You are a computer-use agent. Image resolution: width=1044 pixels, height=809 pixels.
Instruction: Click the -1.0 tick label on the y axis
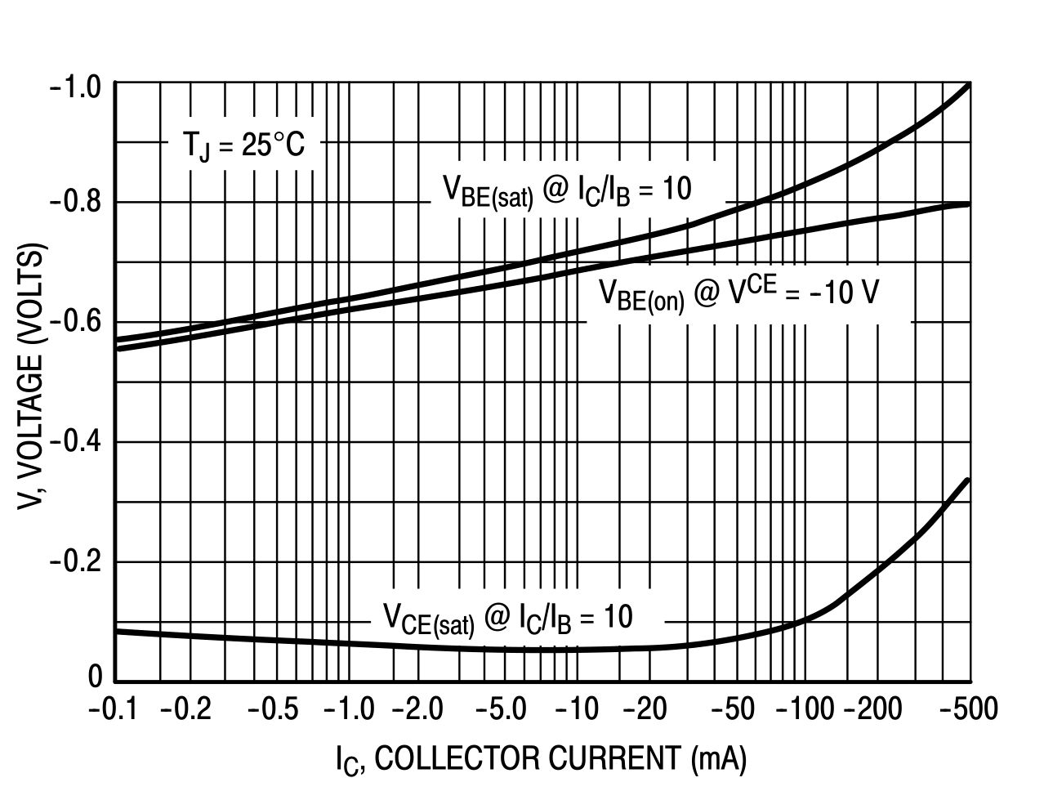[x=76, y=86]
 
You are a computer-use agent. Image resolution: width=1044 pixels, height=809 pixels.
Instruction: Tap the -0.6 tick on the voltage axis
[x=76, y=321]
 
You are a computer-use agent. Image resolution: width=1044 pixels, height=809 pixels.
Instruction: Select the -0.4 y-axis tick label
[x=76, y=441]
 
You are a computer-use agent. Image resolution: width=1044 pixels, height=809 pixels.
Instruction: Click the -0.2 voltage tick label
[x=76, y=561]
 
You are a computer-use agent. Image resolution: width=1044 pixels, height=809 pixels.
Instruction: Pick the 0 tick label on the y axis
[x=95, y=677]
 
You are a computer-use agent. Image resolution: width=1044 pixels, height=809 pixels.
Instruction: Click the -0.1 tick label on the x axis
[x=114, y=709]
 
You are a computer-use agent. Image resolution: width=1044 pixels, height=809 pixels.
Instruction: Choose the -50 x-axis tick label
[x=732, y=709]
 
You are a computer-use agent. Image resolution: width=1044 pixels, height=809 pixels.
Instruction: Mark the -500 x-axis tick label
[x=969, y=709]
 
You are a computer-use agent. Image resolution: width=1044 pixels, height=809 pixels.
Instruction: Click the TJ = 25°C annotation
[x=243, y=147]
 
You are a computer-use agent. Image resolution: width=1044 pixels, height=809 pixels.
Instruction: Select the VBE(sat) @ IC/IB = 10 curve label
[x=567, y=191]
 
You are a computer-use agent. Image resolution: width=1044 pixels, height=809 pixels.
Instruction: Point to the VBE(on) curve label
[x=738, y=294]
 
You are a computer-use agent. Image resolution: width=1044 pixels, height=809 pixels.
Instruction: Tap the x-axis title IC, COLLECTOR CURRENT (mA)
[x=540, y=759]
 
